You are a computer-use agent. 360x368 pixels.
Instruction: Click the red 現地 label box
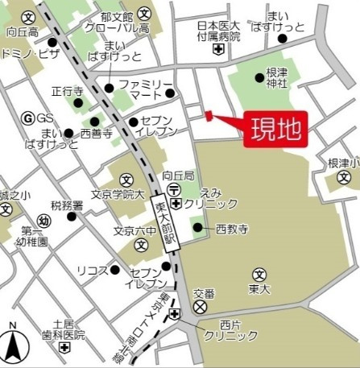pos(275,129)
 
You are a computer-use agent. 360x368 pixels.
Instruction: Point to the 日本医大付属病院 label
pos(218,31)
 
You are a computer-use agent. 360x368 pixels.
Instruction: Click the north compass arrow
pos(13,345)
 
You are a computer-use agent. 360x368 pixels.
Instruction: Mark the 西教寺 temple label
pos(228,228)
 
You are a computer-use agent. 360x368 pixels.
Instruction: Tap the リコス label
pos(91,270)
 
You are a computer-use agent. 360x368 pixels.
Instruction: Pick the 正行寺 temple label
pos(67,92)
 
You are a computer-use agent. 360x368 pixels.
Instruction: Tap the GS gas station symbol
pos(27,118)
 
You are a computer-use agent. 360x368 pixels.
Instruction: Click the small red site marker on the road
pos(209,116)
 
